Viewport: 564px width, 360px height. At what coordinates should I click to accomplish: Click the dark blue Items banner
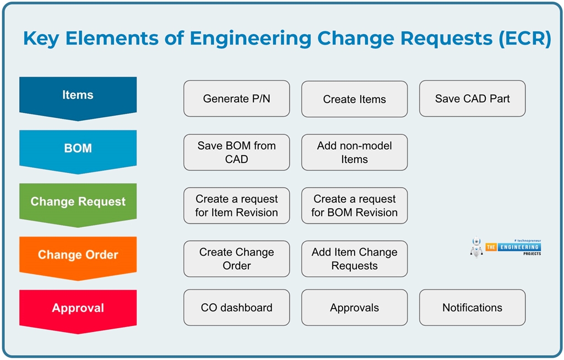point(78,96)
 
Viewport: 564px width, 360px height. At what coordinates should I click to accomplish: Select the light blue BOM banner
point(78,149)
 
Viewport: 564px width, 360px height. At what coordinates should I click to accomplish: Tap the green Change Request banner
point(78,202)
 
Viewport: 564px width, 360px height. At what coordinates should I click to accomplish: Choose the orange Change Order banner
point(78,255)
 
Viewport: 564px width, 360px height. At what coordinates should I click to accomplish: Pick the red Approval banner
point(78,308)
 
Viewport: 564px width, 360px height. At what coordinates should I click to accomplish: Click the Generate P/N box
point(236,99)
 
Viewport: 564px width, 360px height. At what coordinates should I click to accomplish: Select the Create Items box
point(354,99)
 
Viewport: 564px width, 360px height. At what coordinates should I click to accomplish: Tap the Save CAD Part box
point(472,99)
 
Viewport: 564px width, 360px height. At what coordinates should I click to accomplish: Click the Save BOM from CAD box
point(236,152)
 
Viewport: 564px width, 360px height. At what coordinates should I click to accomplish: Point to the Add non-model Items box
point(354,152)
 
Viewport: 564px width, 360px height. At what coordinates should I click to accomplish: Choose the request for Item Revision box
point(236,206)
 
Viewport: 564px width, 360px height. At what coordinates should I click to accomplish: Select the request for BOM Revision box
point(354,206)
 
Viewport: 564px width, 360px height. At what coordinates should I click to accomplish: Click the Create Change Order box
point(236,259)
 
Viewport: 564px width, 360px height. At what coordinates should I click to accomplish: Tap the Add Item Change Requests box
point(354,259)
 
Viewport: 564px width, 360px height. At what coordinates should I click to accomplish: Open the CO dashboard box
point(236,308)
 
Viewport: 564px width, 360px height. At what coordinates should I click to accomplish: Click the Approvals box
point(354,308)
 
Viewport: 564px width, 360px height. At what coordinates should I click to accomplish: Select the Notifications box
point(472,308)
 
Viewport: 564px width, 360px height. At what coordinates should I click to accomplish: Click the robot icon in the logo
point(476,247)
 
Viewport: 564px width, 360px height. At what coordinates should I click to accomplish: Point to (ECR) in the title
point(524,39)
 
